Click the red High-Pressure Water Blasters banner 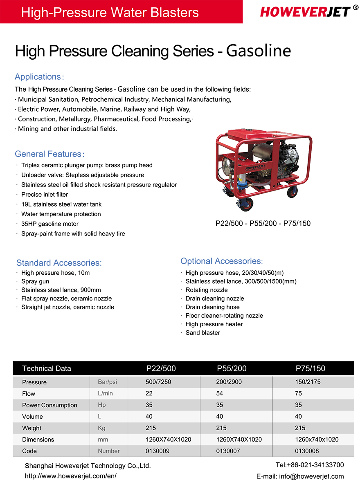click(110, 12)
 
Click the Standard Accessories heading click(59, 263)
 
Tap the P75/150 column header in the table click(310, 368)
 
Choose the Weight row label click(32, 428)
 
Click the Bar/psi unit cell click(108, 382)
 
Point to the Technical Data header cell click(47, 368)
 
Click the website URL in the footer click(71, 476)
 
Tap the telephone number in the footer click(310, 465)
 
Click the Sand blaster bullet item click(202, 333)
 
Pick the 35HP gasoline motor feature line click(50, 224)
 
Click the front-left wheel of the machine click(246, 203)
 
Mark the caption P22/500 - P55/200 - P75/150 click(263, 223)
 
